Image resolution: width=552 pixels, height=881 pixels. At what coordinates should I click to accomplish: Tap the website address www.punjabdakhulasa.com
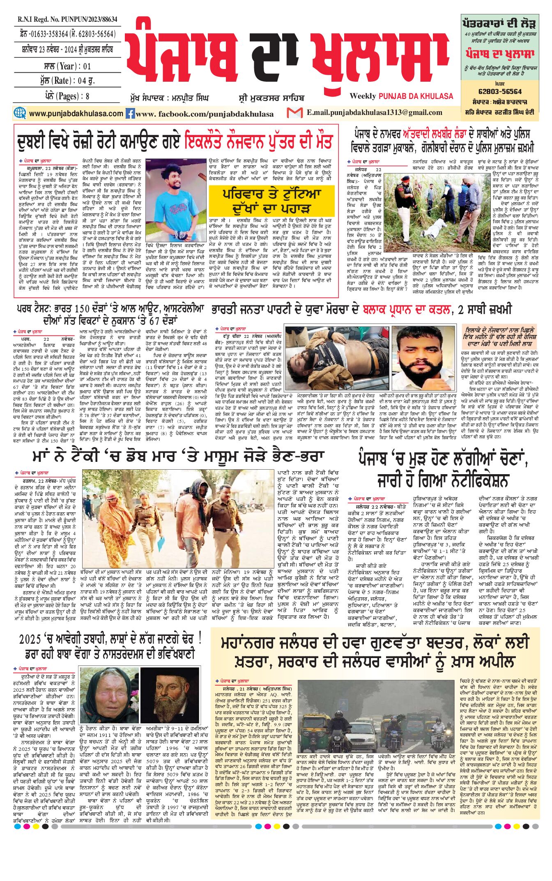pyautogui.click(x=76, y=113)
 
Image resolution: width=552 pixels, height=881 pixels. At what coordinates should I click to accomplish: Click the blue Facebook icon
pyautogui.click(x=130, y=113)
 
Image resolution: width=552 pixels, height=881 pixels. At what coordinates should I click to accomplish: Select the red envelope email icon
pyautogui.click(x=294, y=112)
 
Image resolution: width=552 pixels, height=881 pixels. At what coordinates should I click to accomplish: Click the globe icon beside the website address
pyautogui.click(x=20, y=113)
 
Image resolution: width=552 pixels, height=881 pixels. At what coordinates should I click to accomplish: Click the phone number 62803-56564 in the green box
pyautogui.click(x=500, y=92)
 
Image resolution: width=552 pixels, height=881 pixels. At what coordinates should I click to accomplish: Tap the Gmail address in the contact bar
pyautogui.click(x=374, y=112)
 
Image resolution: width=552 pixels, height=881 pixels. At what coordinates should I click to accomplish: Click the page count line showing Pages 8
pyautogui.click(x=67, y=96)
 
